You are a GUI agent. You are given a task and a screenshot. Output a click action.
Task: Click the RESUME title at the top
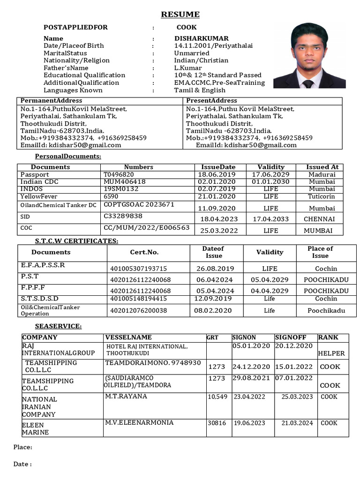pos(180,15)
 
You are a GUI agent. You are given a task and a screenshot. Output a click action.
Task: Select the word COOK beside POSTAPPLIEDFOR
pos(187,27)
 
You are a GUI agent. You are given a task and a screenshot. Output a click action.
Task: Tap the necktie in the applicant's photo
pos(307,84)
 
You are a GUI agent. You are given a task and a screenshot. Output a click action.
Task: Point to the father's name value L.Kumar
pos(188,68)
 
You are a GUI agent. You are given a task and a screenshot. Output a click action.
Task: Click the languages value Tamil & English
pos(200,90)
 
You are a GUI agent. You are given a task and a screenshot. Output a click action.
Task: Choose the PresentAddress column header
pos(211,101)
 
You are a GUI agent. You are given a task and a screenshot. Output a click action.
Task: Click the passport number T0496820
pos(119,174)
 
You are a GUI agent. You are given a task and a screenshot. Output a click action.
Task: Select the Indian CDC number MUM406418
pos(124,182)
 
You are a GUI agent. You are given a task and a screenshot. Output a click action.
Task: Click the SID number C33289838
pos(123,216)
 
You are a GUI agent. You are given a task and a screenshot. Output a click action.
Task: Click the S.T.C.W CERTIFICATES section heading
pos(76,241)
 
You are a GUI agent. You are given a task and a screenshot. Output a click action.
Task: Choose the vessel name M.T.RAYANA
pos(126,397)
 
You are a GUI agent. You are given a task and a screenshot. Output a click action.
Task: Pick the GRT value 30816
pos(217,423)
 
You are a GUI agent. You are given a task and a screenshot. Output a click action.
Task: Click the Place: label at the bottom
pos(22,447)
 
